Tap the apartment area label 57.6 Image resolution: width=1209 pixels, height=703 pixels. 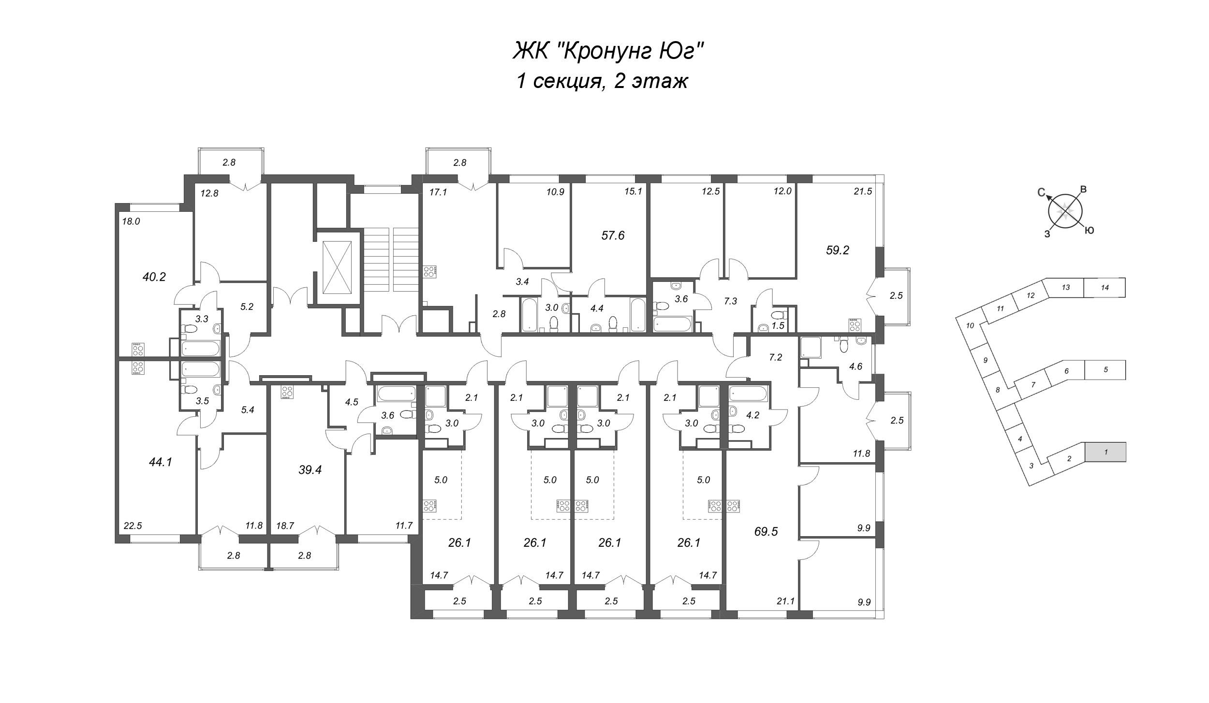(x=613, y=235)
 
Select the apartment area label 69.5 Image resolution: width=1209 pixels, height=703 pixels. (x=766, y=532)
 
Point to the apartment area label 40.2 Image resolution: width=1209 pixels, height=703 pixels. (x=154, y=277)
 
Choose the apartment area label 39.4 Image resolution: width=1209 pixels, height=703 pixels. (x=310, y=469)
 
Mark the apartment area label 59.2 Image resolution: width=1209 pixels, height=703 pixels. (x=837, y=250)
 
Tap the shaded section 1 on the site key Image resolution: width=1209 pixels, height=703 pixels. (x=1106, y=452)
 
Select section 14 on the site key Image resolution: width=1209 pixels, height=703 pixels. (x=1105, y=287)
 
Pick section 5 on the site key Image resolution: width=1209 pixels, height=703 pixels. (x=1105, y=370)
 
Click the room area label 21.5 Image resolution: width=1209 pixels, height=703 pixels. (x=863, y=191)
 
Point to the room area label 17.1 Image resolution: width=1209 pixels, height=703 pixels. (x=438, y=192)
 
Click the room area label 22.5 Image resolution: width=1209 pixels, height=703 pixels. (x=133, y=526)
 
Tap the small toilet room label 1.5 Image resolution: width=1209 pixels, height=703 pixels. (x=778, y=326)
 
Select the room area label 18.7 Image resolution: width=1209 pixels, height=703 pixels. (x=284, y=526)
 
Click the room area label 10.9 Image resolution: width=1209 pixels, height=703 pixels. (x=555, y=191)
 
